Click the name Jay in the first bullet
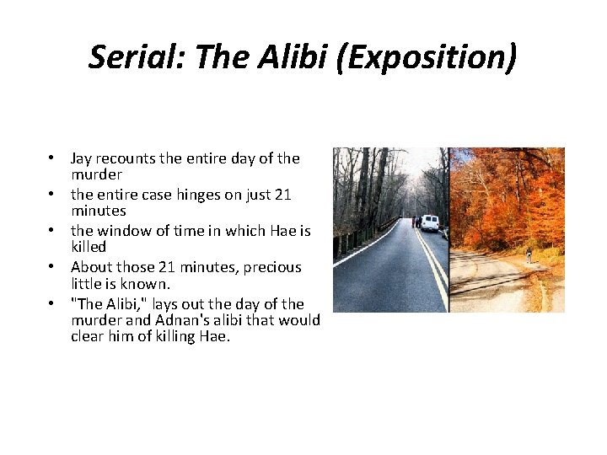82,158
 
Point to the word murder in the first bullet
96,174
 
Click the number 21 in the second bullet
282,195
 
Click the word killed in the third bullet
89,247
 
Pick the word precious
273,267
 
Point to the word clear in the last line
88,337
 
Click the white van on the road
430,222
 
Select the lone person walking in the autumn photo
529,254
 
